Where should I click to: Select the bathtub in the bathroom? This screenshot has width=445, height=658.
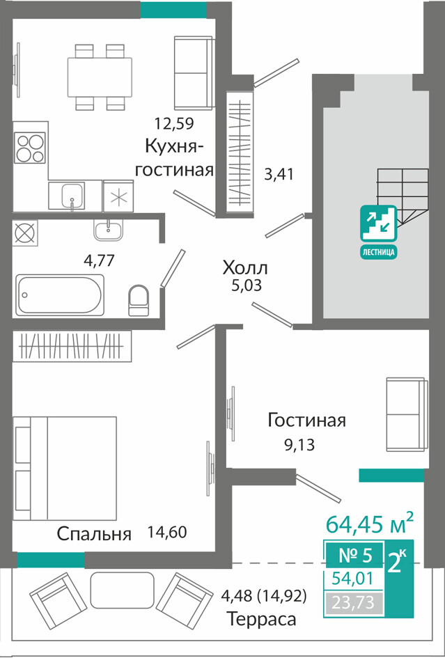coord(60,295)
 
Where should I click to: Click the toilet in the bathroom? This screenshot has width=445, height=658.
coord(138,299)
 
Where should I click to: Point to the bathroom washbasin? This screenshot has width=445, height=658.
coord(109,230)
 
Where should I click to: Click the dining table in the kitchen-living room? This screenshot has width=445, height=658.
coord(100,77)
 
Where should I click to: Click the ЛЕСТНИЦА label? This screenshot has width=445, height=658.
coord(379,253)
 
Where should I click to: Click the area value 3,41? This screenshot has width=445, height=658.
coord(278,173)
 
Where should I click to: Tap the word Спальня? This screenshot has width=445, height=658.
coord(95,534)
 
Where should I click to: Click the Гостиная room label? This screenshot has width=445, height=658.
coord(307,420)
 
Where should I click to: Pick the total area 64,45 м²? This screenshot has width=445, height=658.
coord(369,524)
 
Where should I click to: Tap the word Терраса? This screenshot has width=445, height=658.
coord(261,619)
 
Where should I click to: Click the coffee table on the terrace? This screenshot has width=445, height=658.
coord(122,590)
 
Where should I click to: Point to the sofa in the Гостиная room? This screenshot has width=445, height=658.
coord(407,414)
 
